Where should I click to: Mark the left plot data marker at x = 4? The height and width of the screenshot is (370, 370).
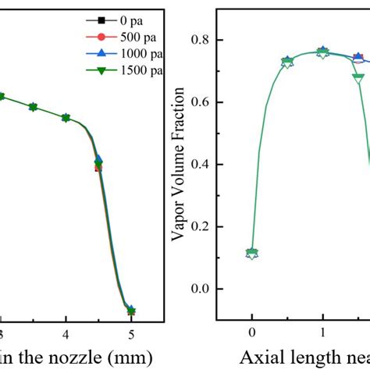(x=66, y=118)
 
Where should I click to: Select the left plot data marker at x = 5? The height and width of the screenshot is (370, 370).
(x=131, y=311)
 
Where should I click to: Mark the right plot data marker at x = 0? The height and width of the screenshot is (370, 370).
(x=251, y=254)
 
